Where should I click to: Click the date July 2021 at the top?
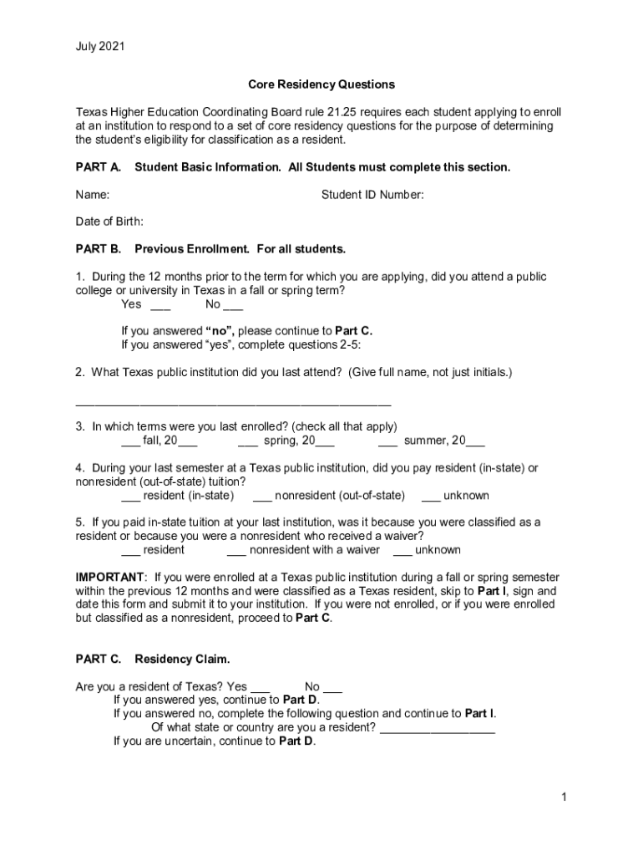click(99, 47)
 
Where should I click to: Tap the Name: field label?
click(93, 195)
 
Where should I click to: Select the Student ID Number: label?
click(372, 195)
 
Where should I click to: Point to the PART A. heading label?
click(99, 167)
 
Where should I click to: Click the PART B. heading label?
click(99, 249)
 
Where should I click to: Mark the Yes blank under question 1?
click(160, 306)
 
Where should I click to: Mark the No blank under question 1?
click(234, 306)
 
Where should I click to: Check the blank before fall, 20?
click(130, 442)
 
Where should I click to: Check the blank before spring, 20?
click(247, 442)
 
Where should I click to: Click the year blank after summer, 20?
click(475, 442)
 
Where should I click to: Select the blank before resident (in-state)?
click(130, 497)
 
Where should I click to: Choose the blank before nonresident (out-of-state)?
click(262, 497)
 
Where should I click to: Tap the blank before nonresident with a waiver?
click(236, 552)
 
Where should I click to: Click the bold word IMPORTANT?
click(109, 578)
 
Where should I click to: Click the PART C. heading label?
click(99, 660)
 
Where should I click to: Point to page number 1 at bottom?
click(565, 797)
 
